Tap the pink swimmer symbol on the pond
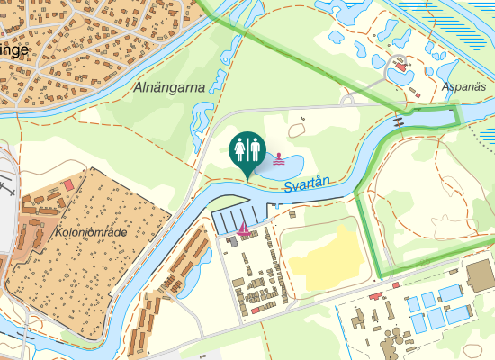pos(281,158)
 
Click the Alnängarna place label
pos(168,87)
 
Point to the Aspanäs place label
pos(464,87)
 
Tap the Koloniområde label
pos(91,231)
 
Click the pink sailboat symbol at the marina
pos(243,228)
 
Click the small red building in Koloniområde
pos(69,184)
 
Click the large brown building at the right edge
pos(480,274)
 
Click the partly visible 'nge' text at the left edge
pos(13,49)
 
